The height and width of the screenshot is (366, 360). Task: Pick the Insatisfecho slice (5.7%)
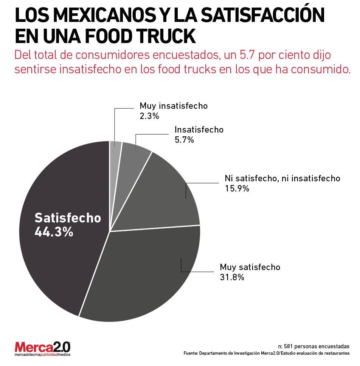(x=134, y=151)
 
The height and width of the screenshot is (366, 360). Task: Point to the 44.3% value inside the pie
(x=54, y=232)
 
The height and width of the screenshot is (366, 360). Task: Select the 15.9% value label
(x=237, y=188)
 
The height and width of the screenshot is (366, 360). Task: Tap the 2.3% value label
(x=149, y=116)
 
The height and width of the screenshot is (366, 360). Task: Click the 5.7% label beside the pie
(x=184, y=140)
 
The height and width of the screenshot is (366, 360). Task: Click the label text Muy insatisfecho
(x=174, y=106)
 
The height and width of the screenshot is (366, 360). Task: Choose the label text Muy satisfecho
(x=250, y=267)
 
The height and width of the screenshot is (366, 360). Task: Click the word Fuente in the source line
(x=191, y=353)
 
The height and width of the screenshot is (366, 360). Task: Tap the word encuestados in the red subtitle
(x=184, y=55)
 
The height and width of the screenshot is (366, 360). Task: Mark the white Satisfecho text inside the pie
(x=68, y=218)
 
